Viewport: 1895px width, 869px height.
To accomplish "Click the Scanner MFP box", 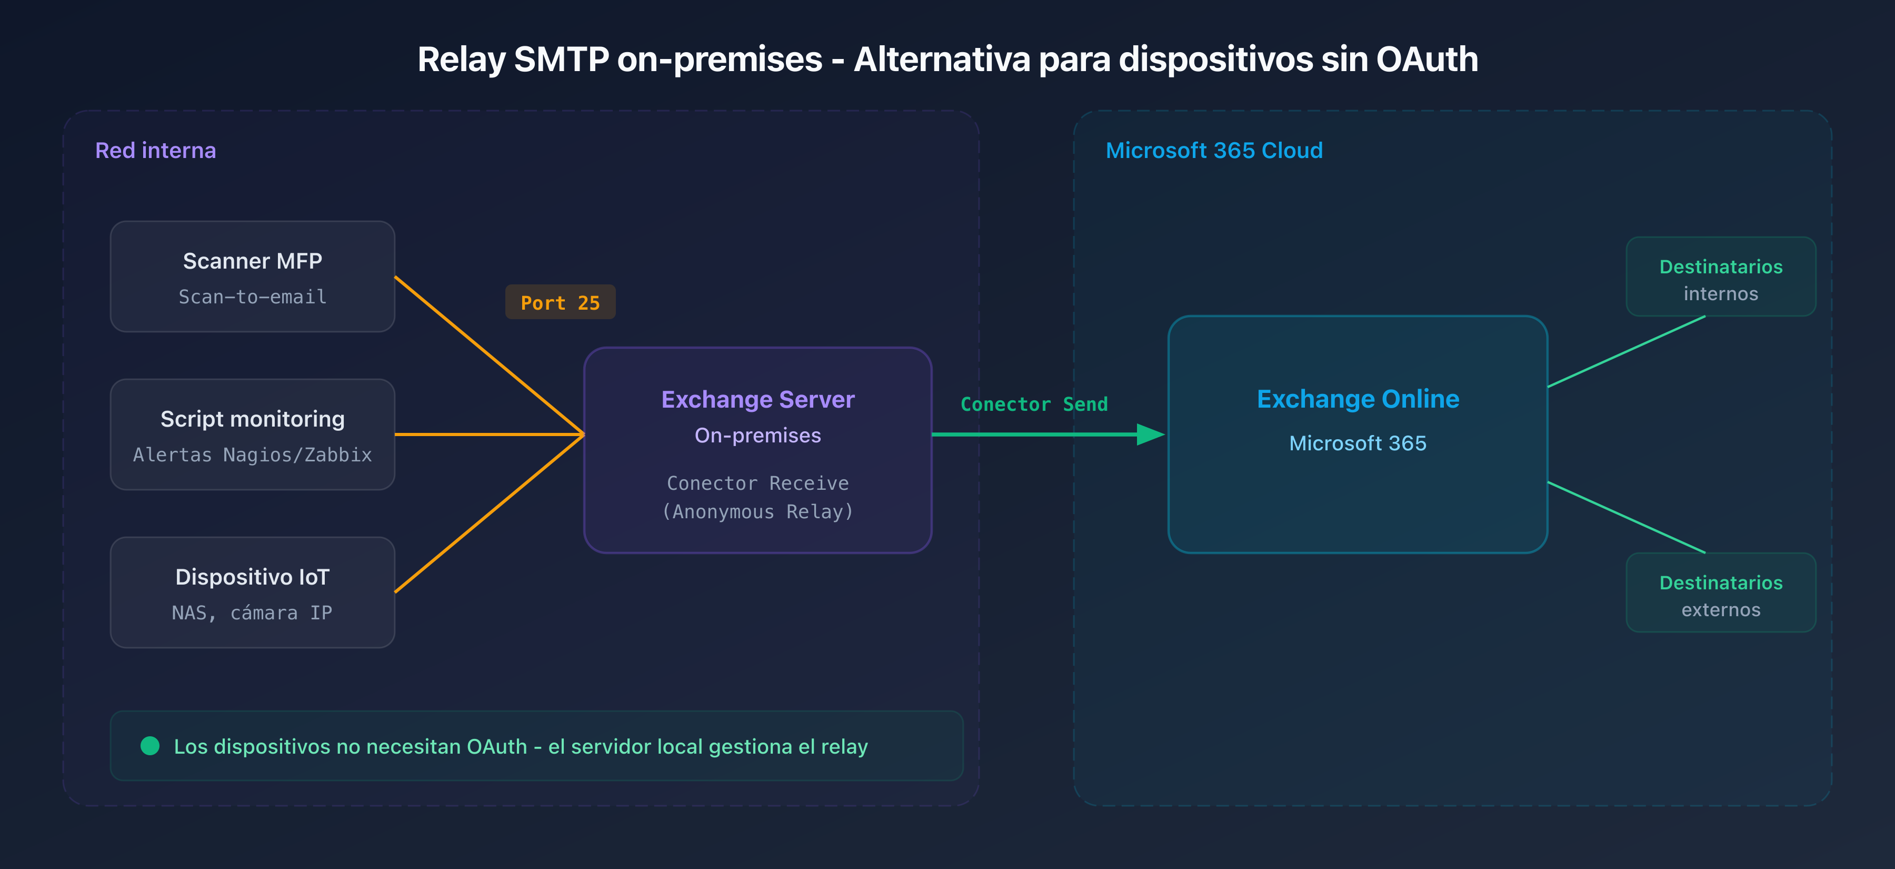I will point(252,276).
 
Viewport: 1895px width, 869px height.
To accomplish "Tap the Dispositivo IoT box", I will point(252,592).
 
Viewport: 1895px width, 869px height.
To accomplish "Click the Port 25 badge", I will point(560,302).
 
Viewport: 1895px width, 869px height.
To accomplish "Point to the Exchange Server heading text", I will point(757,400).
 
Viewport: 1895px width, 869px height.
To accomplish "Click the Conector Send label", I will point(1034,404).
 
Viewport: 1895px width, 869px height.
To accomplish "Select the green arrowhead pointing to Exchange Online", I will point(1150,434).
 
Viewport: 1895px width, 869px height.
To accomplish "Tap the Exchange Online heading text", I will point(1358,399).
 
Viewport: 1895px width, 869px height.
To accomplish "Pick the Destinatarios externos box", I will point(1721,593).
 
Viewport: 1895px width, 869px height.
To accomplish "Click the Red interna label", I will point(155,150).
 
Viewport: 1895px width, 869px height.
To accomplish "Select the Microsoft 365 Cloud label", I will point(1214,150).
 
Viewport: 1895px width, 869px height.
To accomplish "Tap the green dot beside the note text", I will point(150,746).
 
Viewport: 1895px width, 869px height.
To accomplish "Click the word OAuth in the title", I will point(1427,60).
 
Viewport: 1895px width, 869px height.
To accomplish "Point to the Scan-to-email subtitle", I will point(252,297).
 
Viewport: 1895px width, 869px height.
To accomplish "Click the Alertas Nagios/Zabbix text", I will point(252,455).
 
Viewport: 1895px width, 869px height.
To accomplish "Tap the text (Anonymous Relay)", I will point(757,511).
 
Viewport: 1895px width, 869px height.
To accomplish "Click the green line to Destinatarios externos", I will point(1626,517).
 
